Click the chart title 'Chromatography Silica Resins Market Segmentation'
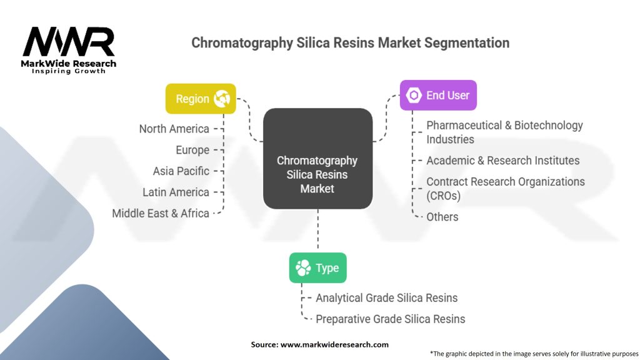[x=350, y=43]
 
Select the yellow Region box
[x=201, y=99]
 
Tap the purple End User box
[x=438, y=96]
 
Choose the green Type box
[x=317, y=268]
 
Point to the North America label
[x=174, y=129]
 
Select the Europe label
[x=192, y=150]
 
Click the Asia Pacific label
[x=181, y=171]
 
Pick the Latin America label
[x=176, y=192]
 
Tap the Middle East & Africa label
[x=161, y=213]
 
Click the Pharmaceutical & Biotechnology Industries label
[x=504, y=132]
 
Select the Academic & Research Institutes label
[x=503, y=161]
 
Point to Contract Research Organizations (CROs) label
[x=505, y=188]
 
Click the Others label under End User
[x=442, y=217]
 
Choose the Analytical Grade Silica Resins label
[x=386, y=298]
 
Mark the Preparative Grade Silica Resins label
[x=390, y=319]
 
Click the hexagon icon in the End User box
[x=414, y=96]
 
